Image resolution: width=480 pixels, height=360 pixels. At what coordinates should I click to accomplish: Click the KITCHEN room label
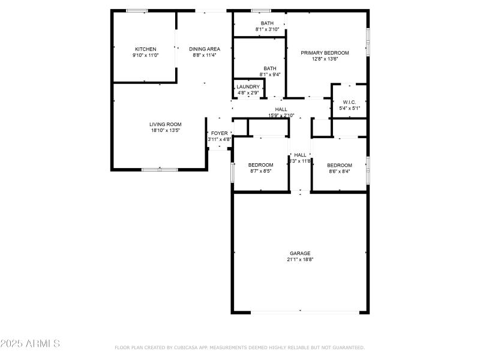145,49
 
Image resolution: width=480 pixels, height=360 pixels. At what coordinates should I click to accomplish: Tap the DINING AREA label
205,49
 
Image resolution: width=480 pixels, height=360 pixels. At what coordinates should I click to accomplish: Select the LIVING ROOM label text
165,124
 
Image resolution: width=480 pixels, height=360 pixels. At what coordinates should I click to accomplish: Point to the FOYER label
219,133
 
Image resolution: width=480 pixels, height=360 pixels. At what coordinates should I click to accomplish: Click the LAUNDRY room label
248,87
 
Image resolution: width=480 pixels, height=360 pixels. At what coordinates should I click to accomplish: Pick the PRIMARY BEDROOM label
325,53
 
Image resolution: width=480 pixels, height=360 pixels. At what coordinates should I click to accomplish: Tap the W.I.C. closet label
350,102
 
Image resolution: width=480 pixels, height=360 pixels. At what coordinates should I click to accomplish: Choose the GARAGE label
301,253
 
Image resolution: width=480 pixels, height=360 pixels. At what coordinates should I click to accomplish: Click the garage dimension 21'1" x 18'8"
301,260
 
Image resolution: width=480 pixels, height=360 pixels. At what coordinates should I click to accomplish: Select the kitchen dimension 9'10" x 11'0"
145,56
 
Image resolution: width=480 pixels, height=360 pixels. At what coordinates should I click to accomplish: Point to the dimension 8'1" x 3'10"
268,29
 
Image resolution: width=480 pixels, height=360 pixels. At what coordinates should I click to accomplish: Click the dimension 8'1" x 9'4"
269,74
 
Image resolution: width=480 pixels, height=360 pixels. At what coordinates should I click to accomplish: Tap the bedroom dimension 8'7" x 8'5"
261,171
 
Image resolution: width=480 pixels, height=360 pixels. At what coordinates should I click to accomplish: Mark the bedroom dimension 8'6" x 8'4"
339,171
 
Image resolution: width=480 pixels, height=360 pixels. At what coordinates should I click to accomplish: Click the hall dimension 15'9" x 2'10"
281,115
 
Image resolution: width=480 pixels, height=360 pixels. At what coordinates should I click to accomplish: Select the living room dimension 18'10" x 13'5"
165,130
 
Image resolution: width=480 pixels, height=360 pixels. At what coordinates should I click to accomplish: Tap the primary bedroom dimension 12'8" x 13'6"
325,59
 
